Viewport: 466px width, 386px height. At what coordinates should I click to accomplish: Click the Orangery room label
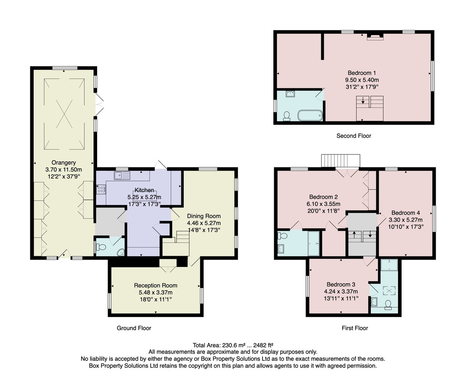(64, 163)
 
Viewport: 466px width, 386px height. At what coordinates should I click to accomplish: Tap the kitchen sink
(122, 175)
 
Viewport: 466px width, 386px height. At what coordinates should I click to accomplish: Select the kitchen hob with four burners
(101, 189)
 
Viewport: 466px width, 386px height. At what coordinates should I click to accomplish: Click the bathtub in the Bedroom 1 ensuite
(310, 116)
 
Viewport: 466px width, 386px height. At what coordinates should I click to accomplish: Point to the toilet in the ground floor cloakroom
(101, 247)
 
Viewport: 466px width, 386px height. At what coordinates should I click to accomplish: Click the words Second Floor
(354, 136)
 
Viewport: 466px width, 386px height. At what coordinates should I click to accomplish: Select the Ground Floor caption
(134, 328)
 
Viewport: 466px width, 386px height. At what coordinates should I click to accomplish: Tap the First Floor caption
(355, 328)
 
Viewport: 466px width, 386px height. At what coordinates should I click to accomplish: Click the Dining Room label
(204, 216)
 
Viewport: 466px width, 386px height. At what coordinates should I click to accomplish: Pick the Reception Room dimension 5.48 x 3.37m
(156, 293)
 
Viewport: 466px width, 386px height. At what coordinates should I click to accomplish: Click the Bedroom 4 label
(406, 213)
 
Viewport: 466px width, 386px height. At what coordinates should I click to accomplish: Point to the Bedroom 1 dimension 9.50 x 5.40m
(362, 80)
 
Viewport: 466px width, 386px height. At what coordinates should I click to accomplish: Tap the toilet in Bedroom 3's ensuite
(388, 305)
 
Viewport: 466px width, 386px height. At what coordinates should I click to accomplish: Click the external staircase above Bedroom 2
(341, 161)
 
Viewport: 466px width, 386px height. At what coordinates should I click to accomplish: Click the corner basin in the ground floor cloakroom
(121, 252)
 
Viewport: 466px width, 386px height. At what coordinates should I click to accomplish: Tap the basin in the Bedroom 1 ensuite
(290, 94)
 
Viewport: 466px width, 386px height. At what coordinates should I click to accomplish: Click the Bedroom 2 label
(323, 197)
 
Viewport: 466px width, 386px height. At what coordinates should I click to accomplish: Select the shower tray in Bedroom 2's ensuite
(313, 243)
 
